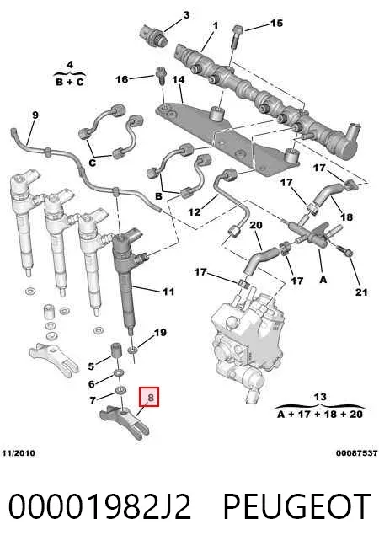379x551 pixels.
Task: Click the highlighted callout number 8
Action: tap(150, 397)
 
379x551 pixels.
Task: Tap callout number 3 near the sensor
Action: tap(186, 15)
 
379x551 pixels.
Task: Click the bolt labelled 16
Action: tap(161, 75)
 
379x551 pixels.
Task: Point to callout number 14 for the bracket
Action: tap(179, 80)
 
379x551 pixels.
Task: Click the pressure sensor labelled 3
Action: tap(152, 35)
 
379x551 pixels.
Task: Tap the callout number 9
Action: tap(35, 115)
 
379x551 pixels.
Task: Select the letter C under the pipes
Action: tap(93, 163)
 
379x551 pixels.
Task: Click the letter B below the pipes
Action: tap(158, 196)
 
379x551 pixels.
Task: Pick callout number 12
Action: tap(195, 212)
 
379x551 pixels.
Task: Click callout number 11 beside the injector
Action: tap(168, 292)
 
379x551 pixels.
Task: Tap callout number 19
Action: tap(161, 333)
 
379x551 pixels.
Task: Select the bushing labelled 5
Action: tap(116, 350)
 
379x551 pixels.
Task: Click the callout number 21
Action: tap(361, 292)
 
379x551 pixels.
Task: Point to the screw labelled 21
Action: tap(346, 252)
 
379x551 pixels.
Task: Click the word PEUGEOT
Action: tap(296, 506)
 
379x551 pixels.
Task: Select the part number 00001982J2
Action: tap(99, 506)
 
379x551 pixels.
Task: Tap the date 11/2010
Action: tap(19, 453)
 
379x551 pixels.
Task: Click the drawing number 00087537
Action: tap(356, 453)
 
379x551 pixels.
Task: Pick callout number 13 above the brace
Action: tap(320, 397)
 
